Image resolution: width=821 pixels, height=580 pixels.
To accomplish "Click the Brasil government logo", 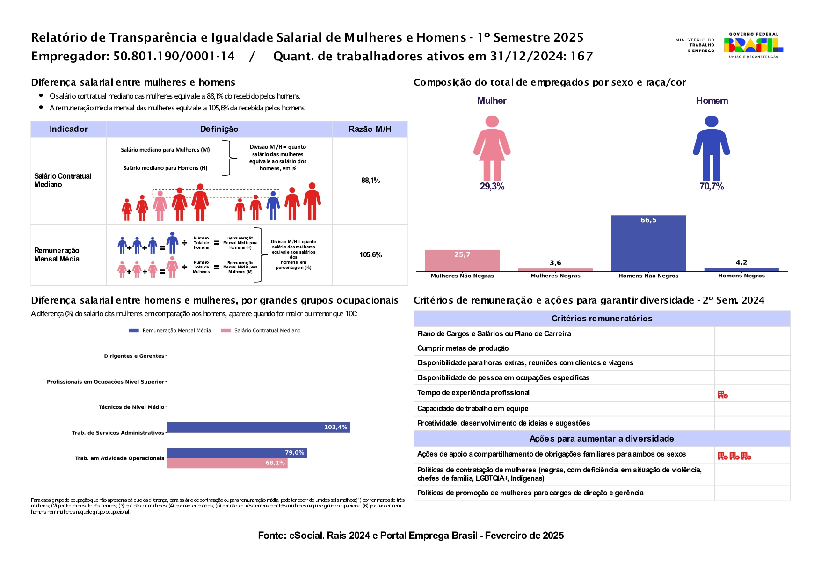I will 753,45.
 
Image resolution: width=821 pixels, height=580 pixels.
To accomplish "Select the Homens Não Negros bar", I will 648,243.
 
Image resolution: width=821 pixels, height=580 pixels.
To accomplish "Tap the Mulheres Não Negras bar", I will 462,261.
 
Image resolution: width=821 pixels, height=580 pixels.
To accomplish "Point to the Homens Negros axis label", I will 741,276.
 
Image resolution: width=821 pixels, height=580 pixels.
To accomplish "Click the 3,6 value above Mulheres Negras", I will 555,263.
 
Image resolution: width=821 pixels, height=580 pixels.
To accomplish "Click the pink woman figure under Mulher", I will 492,148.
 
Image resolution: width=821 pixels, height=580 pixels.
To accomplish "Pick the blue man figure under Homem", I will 711,148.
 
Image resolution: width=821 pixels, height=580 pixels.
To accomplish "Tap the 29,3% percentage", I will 492,187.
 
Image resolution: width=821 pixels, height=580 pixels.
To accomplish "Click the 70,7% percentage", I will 711,187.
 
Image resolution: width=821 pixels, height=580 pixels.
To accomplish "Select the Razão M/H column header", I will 370,129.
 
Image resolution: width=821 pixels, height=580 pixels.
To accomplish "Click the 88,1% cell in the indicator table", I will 370,181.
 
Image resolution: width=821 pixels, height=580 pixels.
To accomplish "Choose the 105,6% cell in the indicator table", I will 370,255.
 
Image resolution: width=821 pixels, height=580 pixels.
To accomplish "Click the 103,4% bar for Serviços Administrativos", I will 258,428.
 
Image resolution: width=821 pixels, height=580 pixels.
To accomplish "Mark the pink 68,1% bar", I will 227,463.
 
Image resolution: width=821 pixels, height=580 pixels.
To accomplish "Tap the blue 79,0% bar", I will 236,453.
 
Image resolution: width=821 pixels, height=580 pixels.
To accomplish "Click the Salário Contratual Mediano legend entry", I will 267,331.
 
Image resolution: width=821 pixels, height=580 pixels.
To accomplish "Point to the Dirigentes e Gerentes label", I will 134,356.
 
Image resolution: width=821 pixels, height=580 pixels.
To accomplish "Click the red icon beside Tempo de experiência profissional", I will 723,395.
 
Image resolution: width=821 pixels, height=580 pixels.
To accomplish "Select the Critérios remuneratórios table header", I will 602,319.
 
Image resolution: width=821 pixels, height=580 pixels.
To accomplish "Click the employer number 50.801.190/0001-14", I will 174,57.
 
